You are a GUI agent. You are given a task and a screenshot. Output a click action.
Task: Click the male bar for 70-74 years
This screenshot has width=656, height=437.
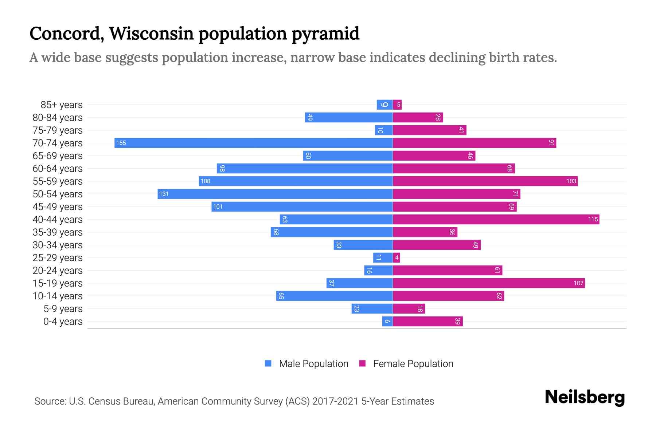point(253,143)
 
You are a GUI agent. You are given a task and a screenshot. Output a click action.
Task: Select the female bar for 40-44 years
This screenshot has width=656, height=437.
point(496,219)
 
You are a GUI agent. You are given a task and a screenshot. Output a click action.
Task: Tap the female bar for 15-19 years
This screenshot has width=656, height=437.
point(488,283)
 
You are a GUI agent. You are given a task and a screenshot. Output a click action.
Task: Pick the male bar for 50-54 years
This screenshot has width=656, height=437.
point(275,194)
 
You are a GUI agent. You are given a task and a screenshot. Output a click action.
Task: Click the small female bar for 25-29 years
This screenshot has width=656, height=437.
point(397,257)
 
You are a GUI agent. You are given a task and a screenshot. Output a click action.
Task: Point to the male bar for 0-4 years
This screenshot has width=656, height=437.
point(387,321)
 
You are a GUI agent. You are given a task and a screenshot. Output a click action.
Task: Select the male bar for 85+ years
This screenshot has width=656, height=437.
point(384,105)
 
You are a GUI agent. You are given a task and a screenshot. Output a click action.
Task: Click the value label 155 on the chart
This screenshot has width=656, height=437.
point(121,143)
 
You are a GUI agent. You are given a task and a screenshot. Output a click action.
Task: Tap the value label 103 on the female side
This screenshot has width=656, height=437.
point(571,181)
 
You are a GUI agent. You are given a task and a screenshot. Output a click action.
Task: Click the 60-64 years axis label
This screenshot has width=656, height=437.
point(58,168)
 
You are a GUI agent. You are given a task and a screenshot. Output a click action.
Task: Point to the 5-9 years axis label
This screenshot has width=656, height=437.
point(63,308)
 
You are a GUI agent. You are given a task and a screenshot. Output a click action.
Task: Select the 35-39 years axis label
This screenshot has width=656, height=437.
point(58,232)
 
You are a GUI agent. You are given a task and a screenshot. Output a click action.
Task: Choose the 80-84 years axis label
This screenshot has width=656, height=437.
point(58,117)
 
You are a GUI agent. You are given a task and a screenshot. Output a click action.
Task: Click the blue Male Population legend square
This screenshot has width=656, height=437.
point(268,363)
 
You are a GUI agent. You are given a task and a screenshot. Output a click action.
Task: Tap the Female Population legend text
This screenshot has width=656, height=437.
point(413,363)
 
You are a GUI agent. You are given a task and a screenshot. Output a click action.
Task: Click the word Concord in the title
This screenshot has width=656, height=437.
point(66,34)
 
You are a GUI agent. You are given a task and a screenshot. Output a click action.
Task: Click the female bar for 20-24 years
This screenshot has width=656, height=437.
point(447,270)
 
